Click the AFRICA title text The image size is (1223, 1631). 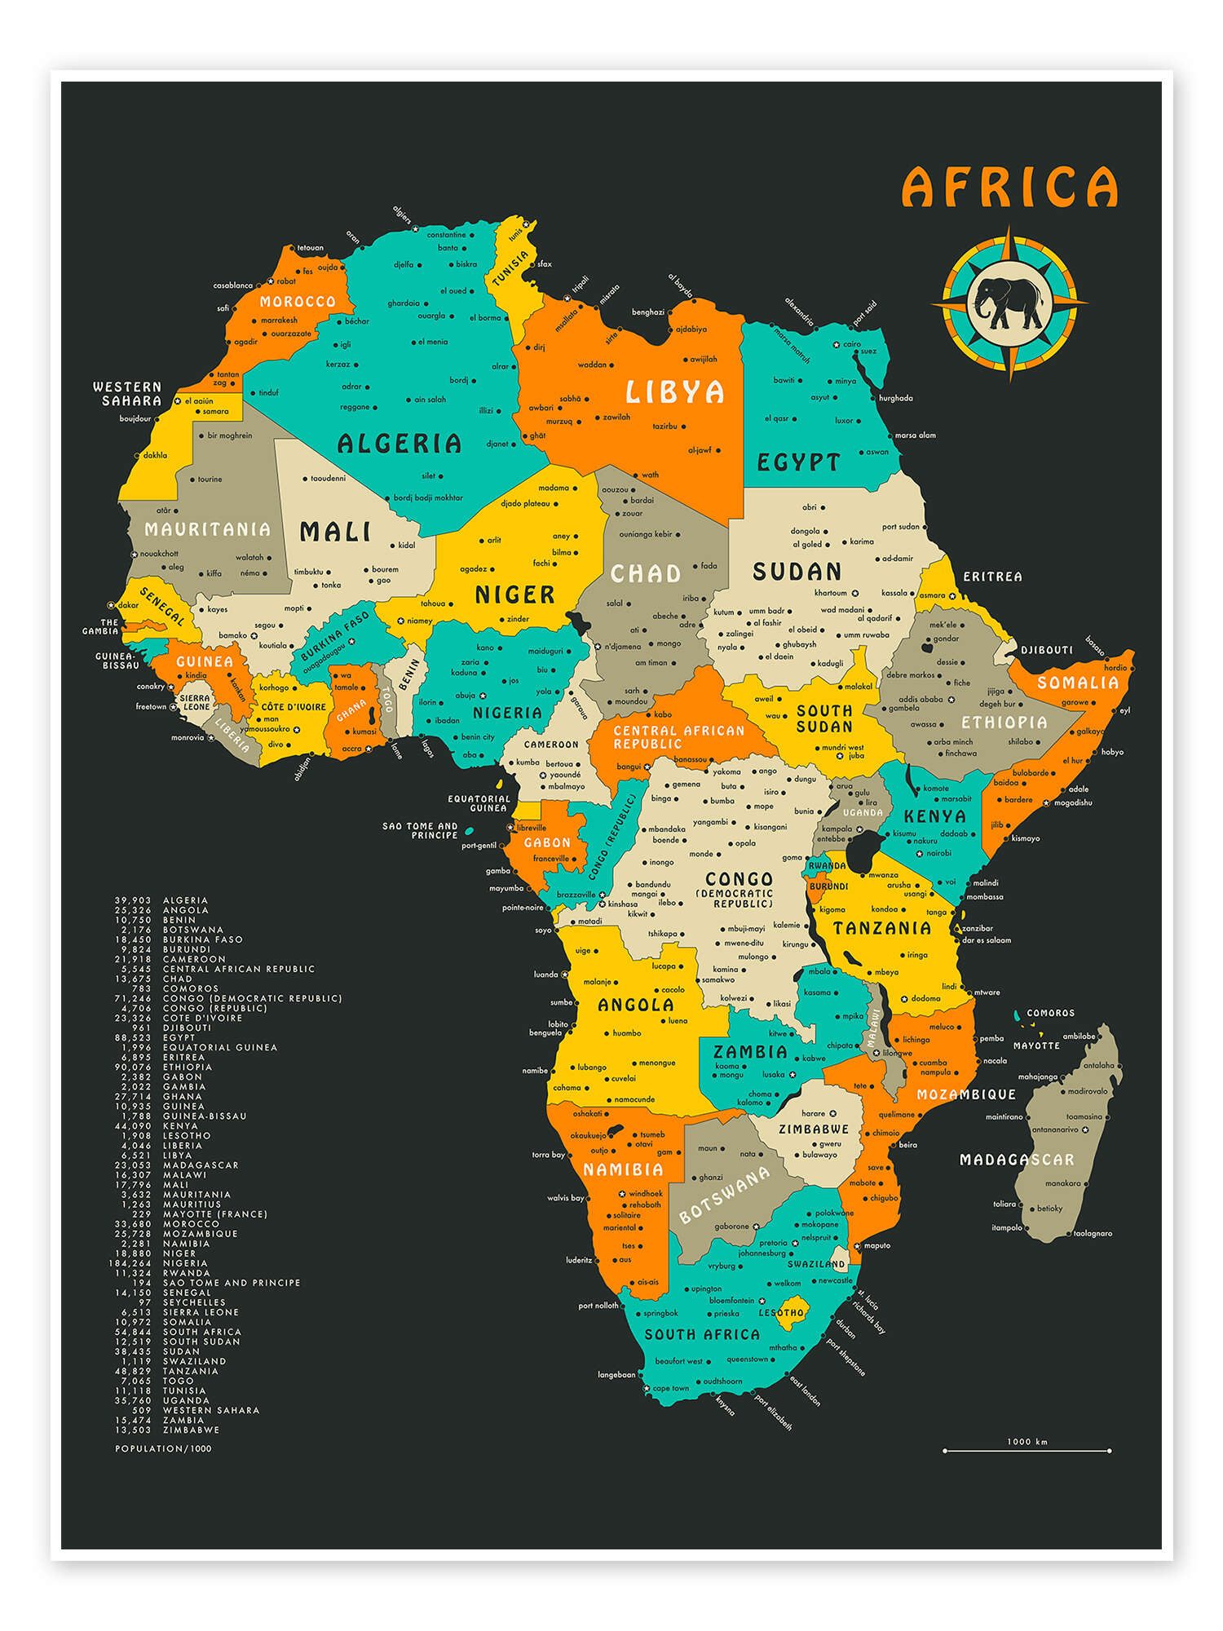(1009, 187)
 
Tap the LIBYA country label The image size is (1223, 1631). (674, 392)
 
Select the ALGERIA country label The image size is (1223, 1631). (400, 444)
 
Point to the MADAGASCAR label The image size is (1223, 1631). (1016, 1160)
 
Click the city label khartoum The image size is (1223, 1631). (831, 593)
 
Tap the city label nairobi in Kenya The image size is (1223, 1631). (938, 853)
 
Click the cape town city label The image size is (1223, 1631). (670, 1388)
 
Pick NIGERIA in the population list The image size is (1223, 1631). (185, 1263)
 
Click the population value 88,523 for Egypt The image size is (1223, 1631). (135, 1037)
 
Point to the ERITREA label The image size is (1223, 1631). (992, 577)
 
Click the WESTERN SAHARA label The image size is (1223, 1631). (127, 393)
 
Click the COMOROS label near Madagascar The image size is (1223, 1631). (1050, 1013)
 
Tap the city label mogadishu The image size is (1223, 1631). (1073, 802)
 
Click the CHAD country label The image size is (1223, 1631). (646, 573)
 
